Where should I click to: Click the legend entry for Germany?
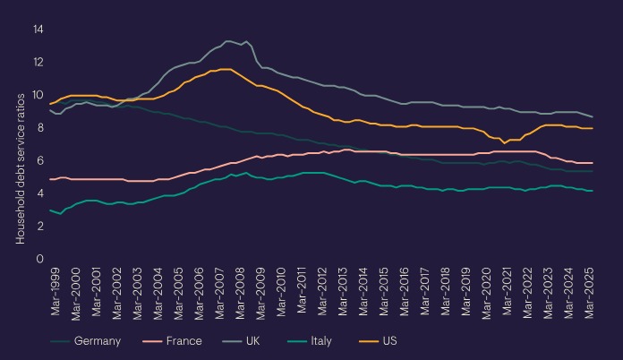point(90,341)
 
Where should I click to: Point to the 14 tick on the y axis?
point(38,30)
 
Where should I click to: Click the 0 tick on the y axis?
point(40,259)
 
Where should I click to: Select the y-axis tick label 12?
point(38,63)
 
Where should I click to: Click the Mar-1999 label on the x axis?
point(55,293)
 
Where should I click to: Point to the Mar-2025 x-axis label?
point(590,293)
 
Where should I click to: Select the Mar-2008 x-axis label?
point(240,293)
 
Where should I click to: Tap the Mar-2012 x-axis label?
point(322,293)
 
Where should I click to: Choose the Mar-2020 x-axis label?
point(487,293)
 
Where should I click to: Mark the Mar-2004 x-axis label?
point(158,293)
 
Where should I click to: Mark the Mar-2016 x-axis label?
point(405,293)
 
